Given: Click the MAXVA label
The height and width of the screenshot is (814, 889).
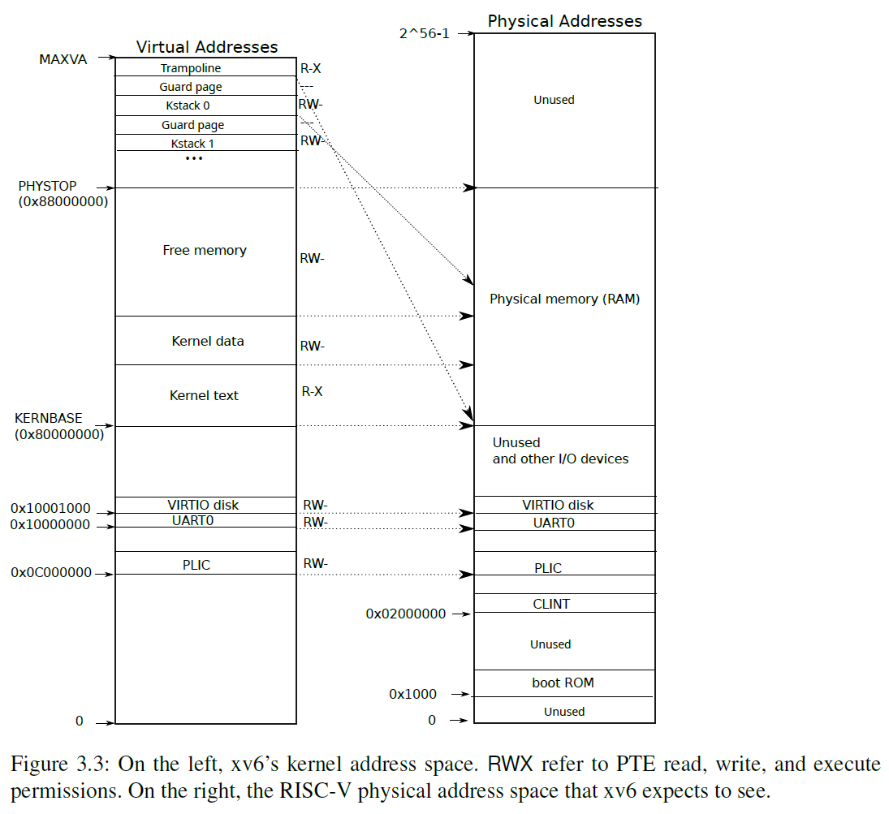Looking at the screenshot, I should [63, 59].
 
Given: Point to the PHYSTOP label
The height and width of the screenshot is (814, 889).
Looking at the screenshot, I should [47, 187].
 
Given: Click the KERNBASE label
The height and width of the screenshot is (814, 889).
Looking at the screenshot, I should [49, 418].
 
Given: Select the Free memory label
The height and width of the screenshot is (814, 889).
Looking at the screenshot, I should [205, 251].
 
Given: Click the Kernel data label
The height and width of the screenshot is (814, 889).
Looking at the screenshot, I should [207, 342].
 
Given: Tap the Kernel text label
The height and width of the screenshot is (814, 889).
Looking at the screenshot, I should [204, 396].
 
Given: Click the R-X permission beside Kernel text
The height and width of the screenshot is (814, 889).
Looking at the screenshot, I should [312, 391].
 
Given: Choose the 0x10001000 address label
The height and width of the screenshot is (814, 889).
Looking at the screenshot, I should [50, 509].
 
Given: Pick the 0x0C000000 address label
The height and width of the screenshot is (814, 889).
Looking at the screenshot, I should [51, 572].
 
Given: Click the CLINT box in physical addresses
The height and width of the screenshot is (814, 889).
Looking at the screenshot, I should [551, 604].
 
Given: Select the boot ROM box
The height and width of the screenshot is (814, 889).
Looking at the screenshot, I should [563, 683].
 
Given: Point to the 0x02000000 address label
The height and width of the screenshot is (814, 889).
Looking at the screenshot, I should [405, 614].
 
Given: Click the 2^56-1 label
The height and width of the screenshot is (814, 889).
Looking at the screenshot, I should [424, 33].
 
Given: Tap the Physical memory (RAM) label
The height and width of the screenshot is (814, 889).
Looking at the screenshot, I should [564, 299].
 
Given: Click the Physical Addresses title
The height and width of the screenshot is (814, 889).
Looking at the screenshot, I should [564, 21].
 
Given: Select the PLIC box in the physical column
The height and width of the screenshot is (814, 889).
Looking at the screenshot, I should [548, 568].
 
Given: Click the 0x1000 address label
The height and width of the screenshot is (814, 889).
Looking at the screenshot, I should [412, 694].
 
